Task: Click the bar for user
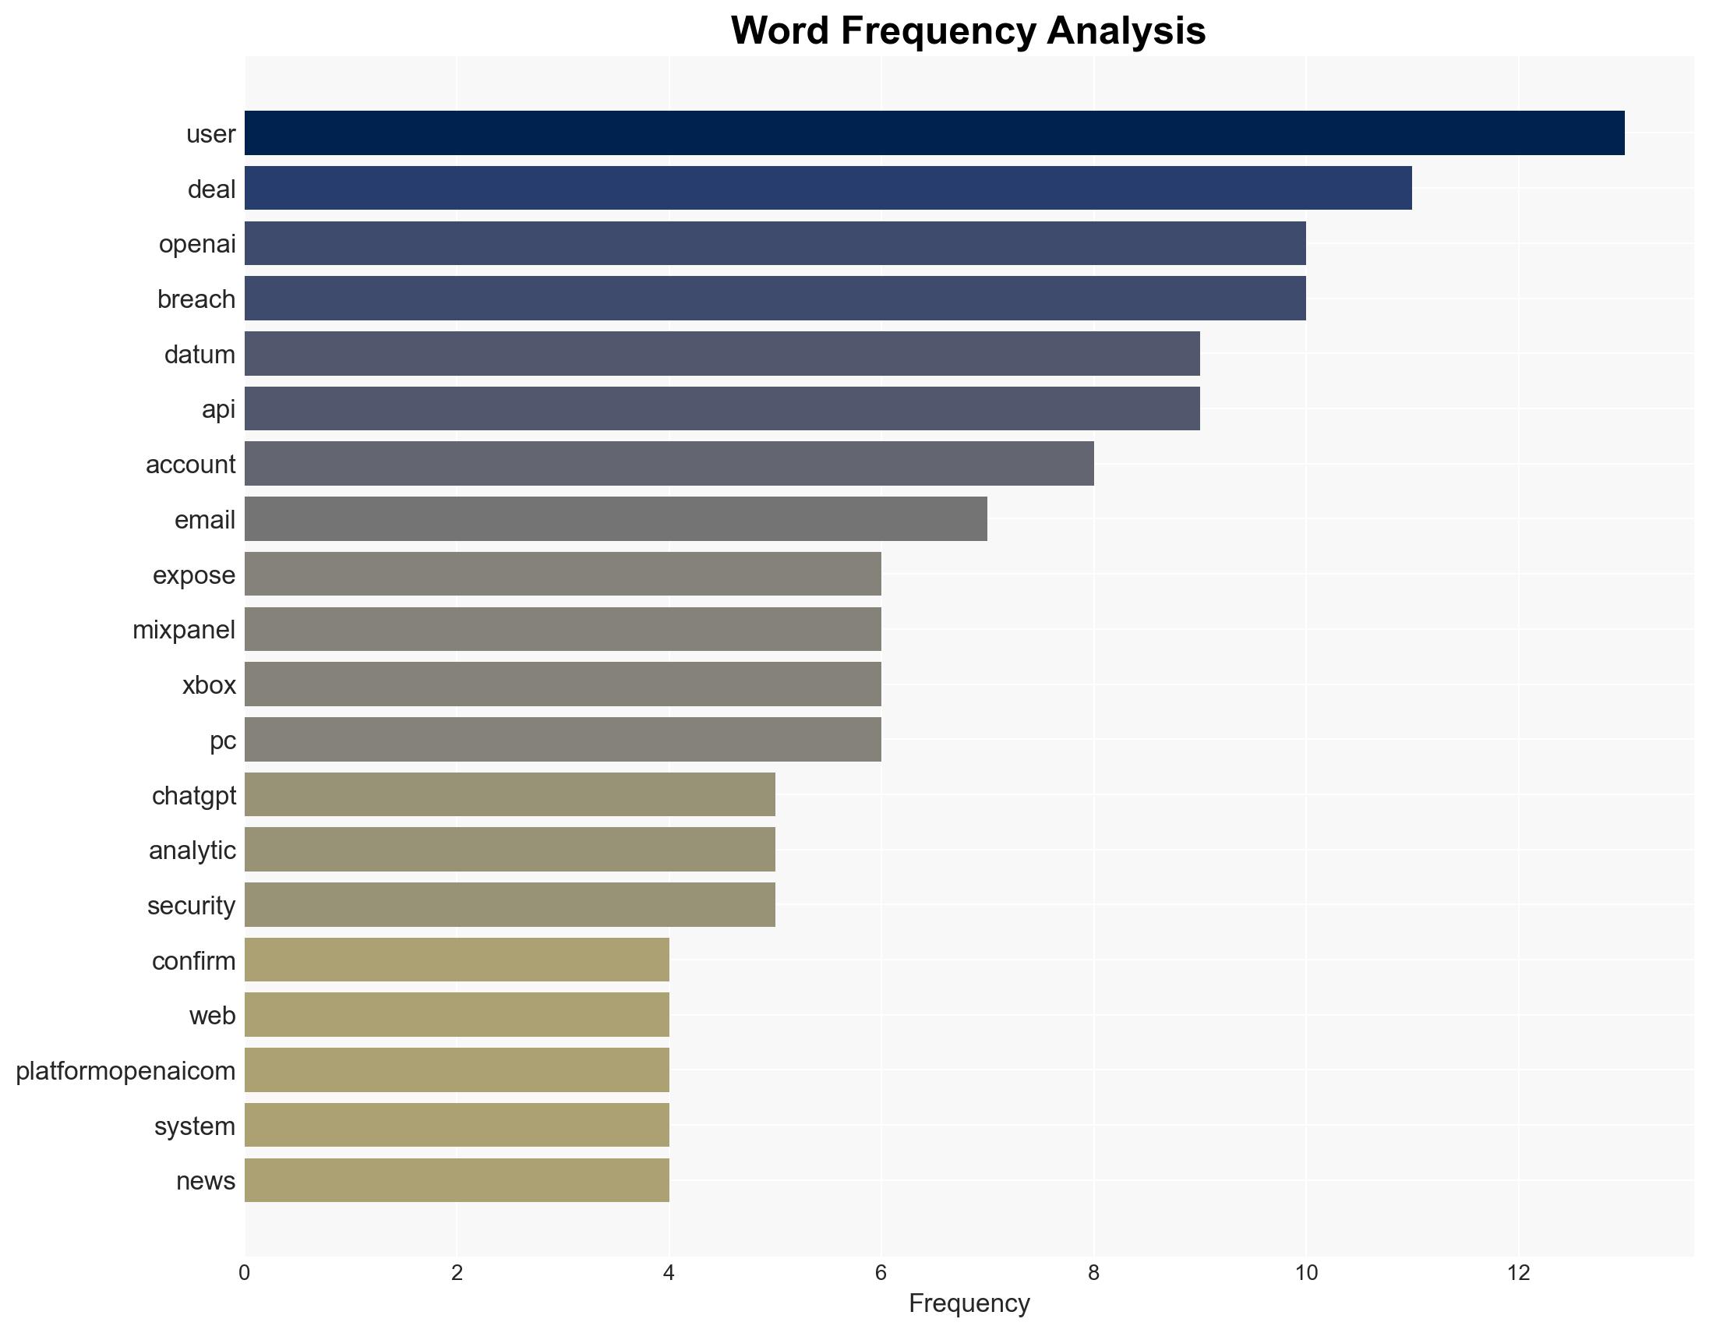934,133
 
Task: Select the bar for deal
828,188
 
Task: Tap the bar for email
616,519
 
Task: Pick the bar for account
669,463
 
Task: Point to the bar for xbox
563,684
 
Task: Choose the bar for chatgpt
510,794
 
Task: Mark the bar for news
457,1180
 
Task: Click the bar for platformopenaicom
457,1070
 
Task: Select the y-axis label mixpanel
184,629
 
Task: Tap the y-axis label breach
196,299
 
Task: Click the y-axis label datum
200,354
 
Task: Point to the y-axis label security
191,905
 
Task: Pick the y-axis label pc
223,740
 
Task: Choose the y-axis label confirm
193,960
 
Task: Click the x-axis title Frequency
969,1303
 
